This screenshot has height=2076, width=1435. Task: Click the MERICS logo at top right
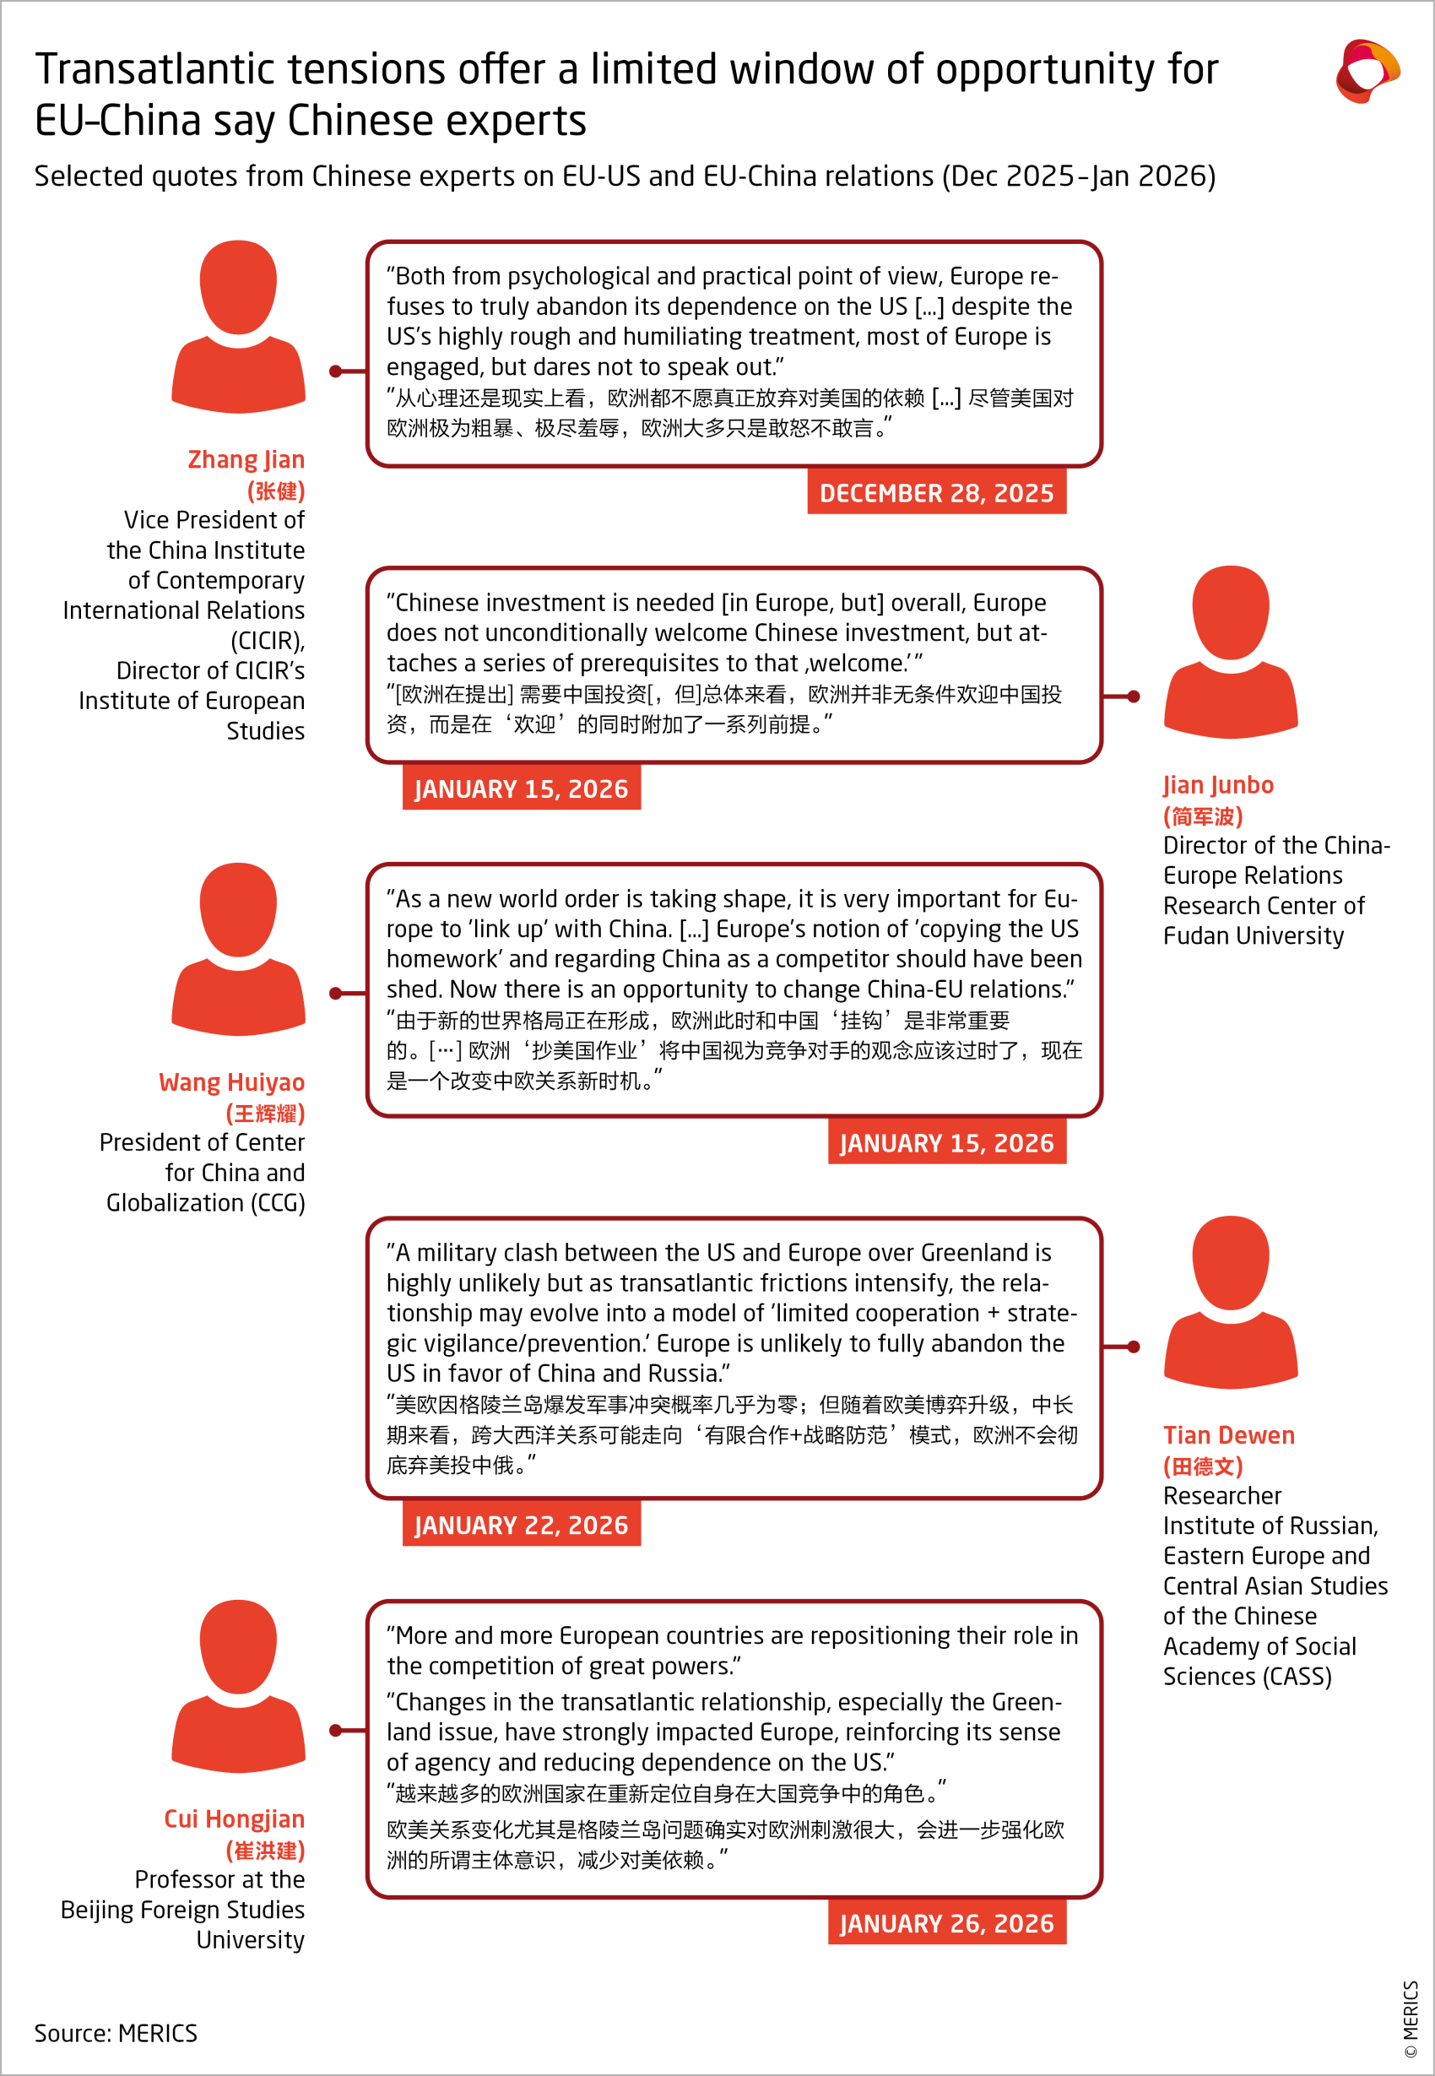pyautogui.click(x=1366, y=71)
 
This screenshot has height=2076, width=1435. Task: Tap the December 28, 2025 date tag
pyautogui.click(x=936, y=493)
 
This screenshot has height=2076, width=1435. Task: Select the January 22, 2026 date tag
pyautogui.click(x=521, y=1525)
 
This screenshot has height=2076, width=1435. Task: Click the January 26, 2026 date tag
pyautogui.click(x=946, y=1923)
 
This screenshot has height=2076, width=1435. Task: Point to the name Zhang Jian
pyautogui.click(x=246, y=459)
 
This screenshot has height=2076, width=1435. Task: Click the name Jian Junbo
pyautogui.click(x=1217, y=785)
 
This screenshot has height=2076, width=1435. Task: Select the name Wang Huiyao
pyautogui.click(x=231, y=1082)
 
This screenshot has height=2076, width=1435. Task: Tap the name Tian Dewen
pyautogui.click(x=1228, y=1435)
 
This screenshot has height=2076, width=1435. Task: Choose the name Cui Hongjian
pyautogui.click(x=234, y=1819)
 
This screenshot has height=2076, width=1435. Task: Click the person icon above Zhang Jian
pyautogui.click(x=238, y=328)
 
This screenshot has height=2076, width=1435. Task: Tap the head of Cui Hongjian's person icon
pyautogui.click(x=238, y=1646)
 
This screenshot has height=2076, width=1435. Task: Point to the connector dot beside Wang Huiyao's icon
pyautogui.click(x=335, y=994)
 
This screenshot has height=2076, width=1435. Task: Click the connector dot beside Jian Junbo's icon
pyautogui.click(x=1134, y=697)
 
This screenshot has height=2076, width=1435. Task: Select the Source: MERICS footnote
pyautogui.click(x=115, y=2033)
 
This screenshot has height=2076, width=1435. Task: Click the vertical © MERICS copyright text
pyautogui.click(x=1410, y=2019)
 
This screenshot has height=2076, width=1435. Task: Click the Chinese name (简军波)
pyautogui.click(x=1202, y=816)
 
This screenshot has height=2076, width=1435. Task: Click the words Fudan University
pyautogui.click(x=1253, y=936)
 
